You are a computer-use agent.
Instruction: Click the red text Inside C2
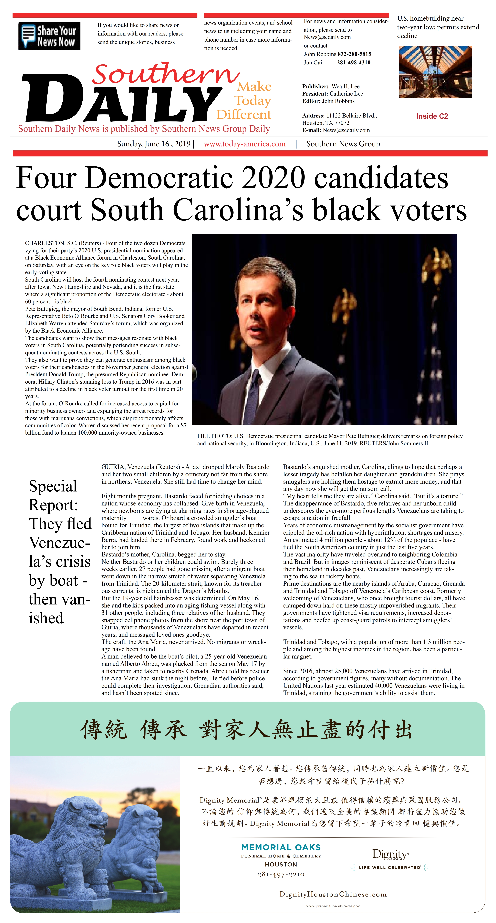tap(432, 116)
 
